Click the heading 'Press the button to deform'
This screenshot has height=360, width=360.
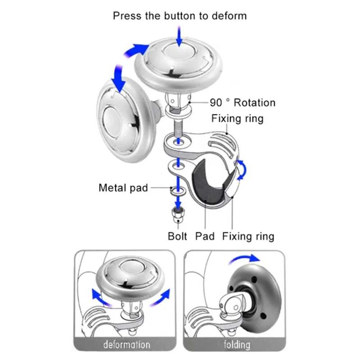180,16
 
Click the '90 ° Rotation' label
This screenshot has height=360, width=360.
243,103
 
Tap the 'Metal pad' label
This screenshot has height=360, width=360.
123,187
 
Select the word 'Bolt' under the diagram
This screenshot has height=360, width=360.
177,236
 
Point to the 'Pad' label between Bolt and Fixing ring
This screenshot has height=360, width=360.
205,236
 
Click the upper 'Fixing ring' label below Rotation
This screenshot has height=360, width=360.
237,119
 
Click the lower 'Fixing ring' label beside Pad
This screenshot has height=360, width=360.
248,236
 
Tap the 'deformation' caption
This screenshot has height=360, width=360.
126,345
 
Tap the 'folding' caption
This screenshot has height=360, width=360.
237,345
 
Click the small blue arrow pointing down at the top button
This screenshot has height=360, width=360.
180,36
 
